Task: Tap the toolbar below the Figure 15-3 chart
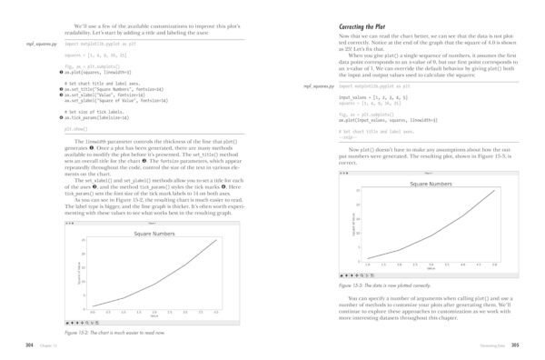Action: (356, 275)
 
